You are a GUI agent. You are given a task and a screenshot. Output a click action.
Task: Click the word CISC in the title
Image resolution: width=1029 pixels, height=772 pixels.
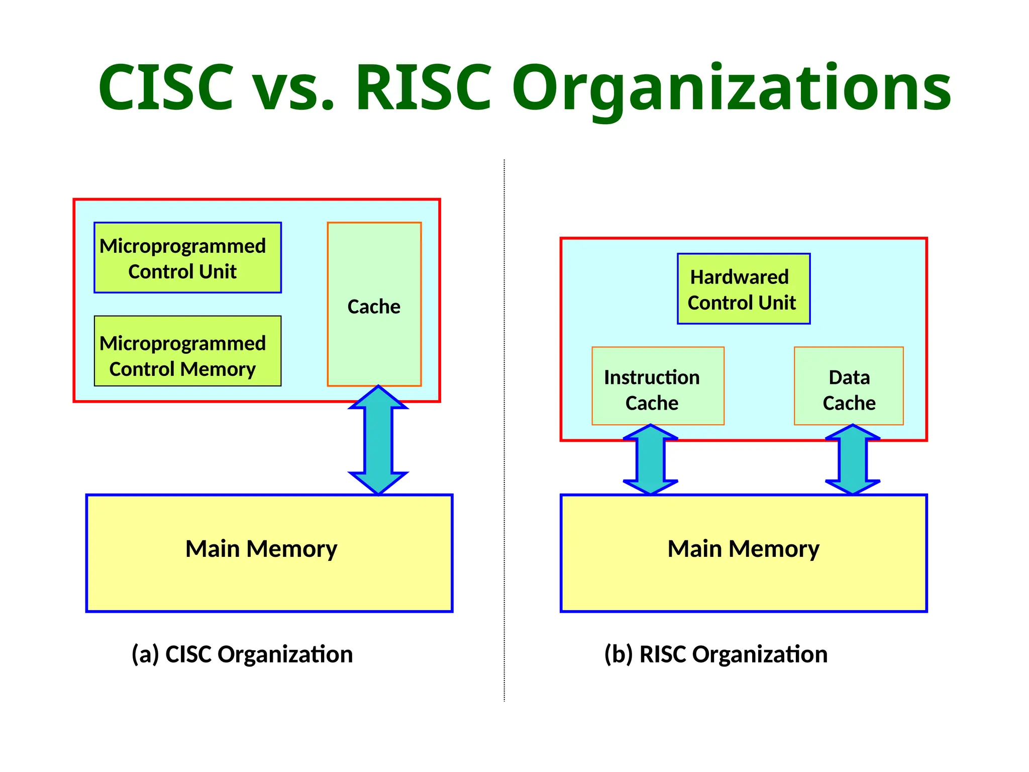(166, 87)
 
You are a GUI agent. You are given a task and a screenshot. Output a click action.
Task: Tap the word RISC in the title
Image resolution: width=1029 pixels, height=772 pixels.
(423, 87)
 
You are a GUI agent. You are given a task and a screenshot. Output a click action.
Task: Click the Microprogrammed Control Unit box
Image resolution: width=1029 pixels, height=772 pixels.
(187, 258)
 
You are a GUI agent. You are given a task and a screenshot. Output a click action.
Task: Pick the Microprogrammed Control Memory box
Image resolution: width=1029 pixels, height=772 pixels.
(187, 351)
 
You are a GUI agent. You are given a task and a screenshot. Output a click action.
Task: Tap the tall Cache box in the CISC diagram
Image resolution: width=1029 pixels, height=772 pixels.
(374, 305)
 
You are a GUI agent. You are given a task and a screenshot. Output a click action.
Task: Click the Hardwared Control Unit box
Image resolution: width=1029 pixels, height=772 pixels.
(743, 289)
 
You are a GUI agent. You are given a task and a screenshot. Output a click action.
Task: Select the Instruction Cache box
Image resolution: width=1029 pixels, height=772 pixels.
(658, 386)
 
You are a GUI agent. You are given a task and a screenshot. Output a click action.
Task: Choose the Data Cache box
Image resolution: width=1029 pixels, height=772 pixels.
(848, 386)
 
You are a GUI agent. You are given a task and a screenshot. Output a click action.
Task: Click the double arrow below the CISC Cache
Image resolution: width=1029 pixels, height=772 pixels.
(378, 440)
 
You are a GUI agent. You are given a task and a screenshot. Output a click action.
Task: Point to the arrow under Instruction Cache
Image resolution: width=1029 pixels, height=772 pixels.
(651, 460)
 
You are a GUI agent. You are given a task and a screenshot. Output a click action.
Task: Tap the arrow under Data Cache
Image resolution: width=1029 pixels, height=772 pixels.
(853, 460)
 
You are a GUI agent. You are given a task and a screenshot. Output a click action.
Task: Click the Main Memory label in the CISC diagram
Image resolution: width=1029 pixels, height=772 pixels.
(261, 549)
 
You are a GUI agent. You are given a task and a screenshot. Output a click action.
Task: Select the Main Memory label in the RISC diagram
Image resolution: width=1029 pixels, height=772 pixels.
(743, 549)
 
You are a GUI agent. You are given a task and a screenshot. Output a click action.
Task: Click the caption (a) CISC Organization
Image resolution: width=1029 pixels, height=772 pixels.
(242, 654)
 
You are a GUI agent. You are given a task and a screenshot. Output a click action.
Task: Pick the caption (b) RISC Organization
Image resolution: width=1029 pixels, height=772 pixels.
(715, 654)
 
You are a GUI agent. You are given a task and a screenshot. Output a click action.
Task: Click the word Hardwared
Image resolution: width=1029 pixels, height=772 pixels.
(739, 277)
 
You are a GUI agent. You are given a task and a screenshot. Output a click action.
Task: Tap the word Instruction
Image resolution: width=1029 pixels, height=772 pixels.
(652, 377)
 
